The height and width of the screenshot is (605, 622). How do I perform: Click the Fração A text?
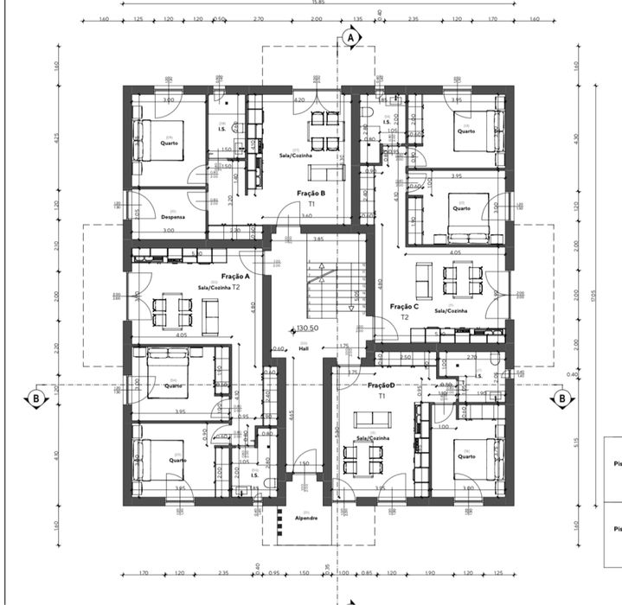235,276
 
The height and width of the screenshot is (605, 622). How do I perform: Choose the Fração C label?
404,306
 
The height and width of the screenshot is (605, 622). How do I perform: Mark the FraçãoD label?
382,385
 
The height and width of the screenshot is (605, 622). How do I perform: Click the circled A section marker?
350,38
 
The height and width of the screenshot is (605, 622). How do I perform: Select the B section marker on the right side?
562,398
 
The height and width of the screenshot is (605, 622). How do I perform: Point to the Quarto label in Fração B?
169,143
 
